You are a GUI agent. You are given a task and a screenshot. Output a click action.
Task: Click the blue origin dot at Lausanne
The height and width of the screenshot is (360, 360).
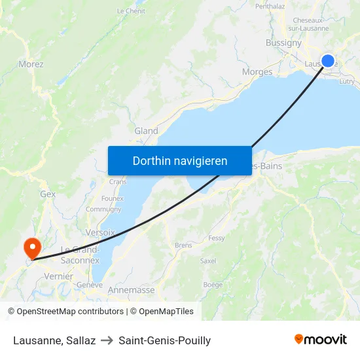click(x=328, y=62)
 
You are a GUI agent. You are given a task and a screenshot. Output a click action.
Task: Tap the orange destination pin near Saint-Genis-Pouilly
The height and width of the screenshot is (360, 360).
click(x=31, y=248)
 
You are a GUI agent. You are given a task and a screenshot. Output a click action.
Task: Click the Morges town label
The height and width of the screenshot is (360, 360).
click(x=257, y=72)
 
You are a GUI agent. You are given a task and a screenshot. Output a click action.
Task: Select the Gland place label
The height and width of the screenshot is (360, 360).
click(x=146, y=131)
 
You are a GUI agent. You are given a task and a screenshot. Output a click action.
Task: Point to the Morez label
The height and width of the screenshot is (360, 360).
click(x=31, y=64)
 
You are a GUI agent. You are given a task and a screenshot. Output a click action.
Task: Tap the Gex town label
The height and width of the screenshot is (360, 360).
click(x=48, y=194)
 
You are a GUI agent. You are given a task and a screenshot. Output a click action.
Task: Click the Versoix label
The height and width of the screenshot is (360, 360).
click(x=100, y=232)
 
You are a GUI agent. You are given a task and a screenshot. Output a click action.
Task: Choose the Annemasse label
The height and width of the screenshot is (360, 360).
click(x=130, y=290)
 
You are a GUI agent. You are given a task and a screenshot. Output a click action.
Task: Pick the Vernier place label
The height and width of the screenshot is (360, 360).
click(x=58, y=277)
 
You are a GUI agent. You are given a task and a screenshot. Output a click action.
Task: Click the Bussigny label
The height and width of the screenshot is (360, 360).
click(x=283, y=43)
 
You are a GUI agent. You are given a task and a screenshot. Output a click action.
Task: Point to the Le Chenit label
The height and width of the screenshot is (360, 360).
click(x=131, y=11)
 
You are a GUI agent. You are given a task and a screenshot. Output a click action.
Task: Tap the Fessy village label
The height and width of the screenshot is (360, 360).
click(x=216, y=238)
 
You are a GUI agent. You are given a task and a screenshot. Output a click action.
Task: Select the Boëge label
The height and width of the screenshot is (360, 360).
click(x=213, y=285)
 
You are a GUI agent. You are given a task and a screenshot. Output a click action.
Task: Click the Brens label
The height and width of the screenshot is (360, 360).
click(x=183, y=245)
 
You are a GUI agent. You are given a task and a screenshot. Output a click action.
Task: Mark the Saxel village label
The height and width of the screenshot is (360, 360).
click(x=208, y=261)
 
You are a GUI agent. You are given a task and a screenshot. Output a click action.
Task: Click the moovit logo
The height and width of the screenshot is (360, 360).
click(x=320, y=340)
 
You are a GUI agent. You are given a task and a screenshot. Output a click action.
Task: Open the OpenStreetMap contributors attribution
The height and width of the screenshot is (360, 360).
click(x=65, y=312)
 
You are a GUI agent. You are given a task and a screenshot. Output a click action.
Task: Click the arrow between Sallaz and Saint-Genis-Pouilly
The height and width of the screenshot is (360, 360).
click(x=107, y=341)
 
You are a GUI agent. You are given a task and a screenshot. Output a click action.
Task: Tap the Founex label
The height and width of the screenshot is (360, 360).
click(x=113, y=198)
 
